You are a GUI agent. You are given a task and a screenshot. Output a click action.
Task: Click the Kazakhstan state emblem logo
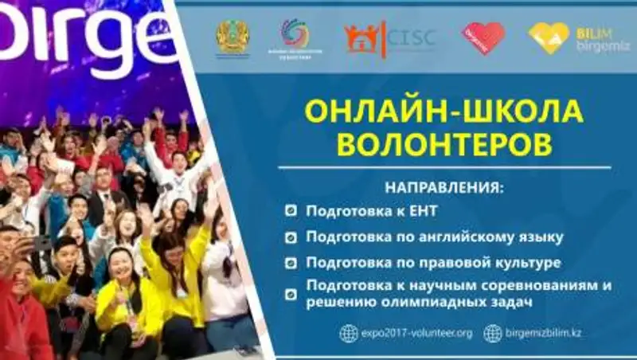tap(233, 37)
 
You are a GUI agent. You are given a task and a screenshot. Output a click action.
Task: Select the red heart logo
tap(483, 37)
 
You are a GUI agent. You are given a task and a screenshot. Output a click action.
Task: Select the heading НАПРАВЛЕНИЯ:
tap(445, 190)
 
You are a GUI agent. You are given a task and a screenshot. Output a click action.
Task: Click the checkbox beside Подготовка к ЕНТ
tap(291, 213)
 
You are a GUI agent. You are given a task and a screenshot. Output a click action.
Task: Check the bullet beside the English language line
tap(291, 237)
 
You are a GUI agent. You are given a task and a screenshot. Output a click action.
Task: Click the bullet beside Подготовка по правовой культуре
tap(291, 263)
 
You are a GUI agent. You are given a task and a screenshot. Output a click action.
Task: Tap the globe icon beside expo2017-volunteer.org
tap(349, 333)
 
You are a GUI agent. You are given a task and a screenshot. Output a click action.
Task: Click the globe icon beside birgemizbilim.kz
tap(493, 333)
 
